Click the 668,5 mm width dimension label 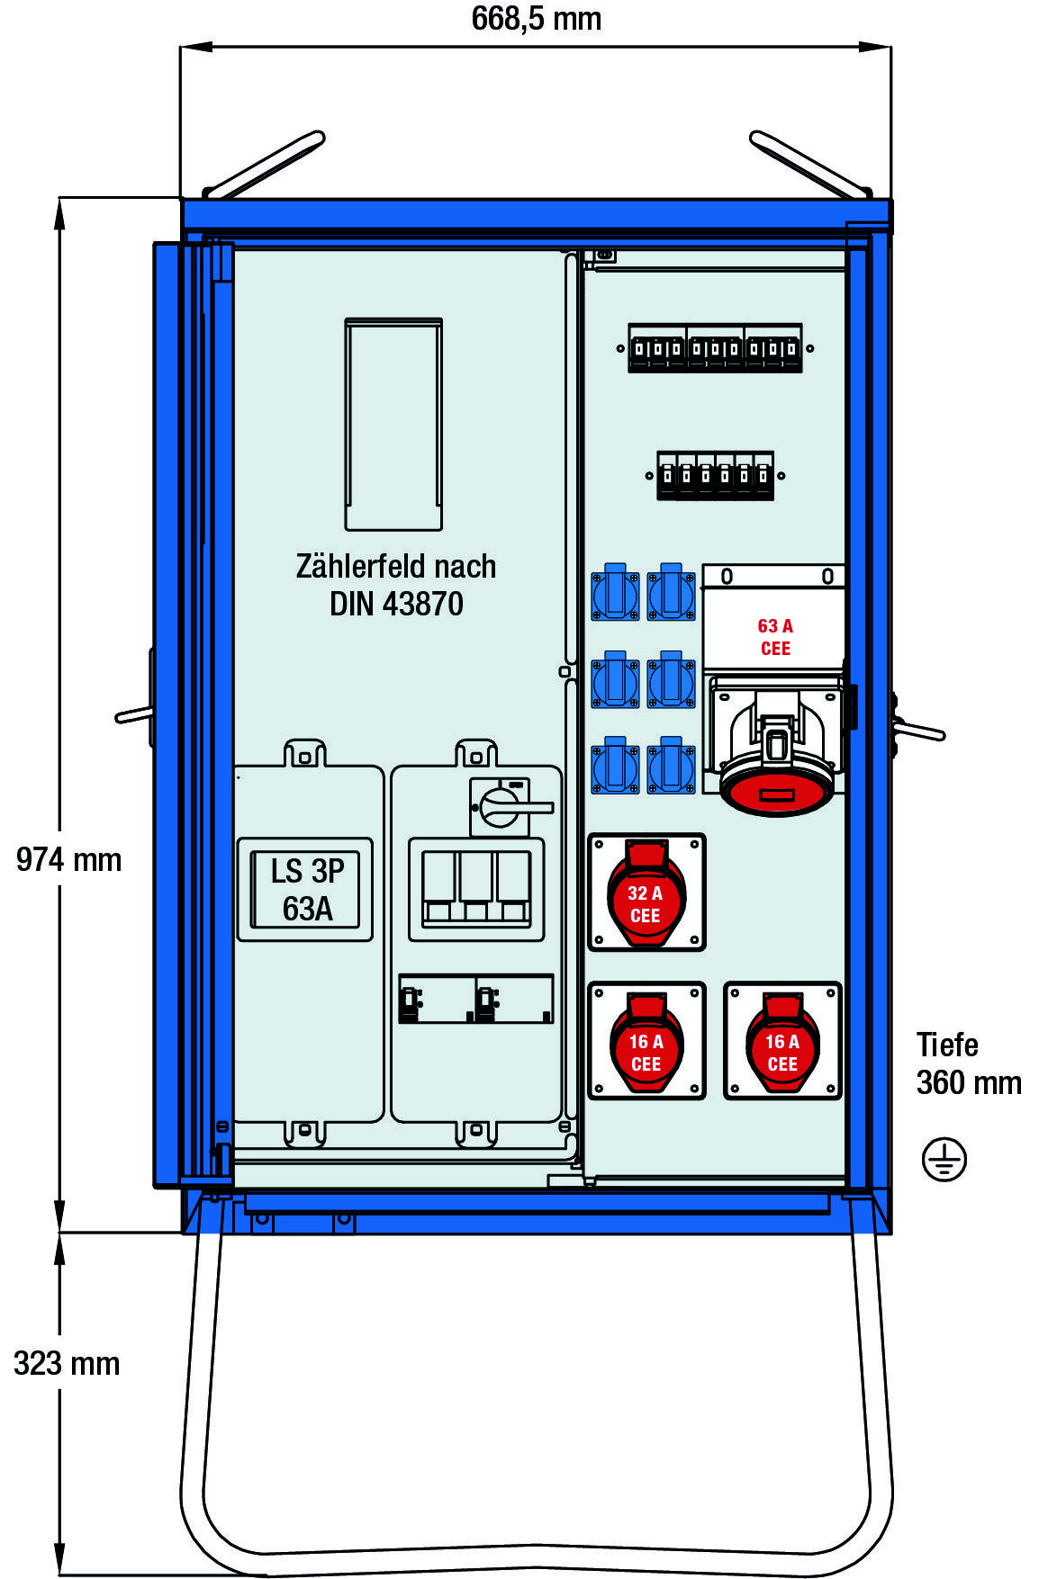(536, 19)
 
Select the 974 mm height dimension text (68, 860)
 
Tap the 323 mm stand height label (67, 1364)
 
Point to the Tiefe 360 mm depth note (968, 1063)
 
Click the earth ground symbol (944, 1159)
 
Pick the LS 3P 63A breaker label (306, 890)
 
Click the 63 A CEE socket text (774, 637)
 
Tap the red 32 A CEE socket (646, 893)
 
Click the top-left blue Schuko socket (615, 593)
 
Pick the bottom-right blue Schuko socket (671, 766)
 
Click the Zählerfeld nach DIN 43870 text (396, 585)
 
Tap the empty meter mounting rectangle (393, 423)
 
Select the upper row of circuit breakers (715, 348)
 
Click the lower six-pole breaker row (715, 475)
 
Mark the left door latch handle (135, 714)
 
